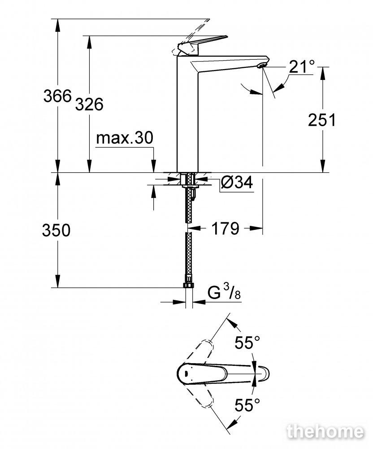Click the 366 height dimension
point(57,96)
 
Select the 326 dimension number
point(89,104)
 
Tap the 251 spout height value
point(322,120)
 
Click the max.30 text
point(125,138)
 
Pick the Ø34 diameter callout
point(237,182)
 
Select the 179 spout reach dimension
point(225,228)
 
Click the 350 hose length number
point(56,230)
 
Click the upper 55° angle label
point(247,342)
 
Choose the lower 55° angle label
point(247,405)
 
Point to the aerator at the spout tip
point(261,66)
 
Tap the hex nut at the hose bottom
point(188,286)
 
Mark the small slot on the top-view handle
point(186,373)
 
